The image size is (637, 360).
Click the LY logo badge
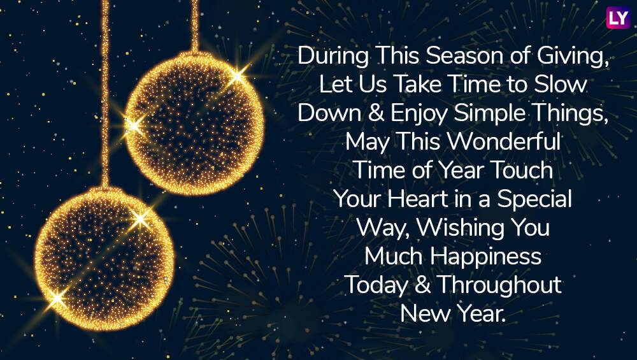pyautogui.click(x=618, y=17)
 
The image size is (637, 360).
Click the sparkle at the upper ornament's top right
pyautogui.click(x=236, y=76)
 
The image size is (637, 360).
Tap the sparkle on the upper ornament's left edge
pyautogui.click(x=133, y=126)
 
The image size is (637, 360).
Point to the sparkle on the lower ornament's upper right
pyautogui.click(x=140, y=219)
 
